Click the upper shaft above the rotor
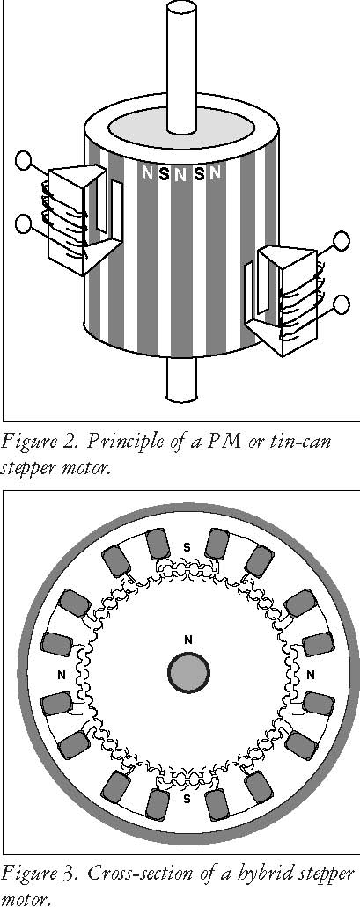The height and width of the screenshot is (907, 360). pos(181,66)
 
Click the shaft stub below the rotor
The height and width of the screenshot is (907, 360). pos(181,379)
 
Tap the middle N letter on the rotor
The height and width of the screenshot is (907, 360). pos(180,173)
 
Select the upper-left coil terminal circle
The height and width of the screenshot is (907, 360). pos(25,160)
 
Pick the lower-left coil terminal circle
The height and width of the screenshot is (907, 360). pos(25,223)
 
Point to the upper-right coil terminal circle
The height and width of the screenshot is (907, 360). pos(342,240)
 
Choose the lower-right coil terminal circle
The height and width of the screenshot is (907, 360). pos(342,304)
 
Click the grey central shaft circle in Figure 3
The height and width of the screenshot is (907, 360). pos(188,673)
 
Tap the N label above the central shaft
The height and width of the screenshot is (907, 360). pos(187,640)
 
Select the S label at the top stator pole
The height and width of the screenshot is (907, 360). pos(187,545)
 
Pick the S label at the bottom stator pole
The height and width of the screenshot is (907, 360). pos(187,800)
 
